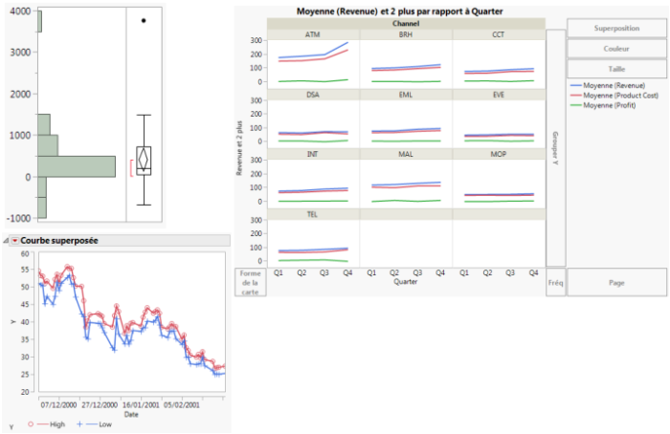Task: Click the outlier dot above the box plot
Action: coord(144,20)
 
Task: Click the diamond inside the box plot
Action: coord(144,160)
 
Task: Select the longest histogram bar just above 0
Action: coord(77,166)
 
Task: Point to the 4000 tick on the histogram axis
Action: coord(19,11)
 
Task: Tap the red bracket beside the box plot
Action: coord(132,168)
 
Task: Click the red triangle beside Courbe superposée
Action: coord(14,240)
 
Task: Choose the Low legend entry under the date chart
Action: coord(96,423)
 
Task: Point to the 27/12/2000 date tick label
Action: coord(100,402)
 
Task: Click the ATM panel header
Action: coord(313,34)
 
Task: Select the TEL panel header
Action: coord(313,214)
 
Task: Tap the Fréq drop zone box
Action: coord(555,283)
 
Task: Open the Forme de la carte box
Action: coord(250,283)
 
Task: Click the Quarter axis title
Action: coord(406,282)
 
